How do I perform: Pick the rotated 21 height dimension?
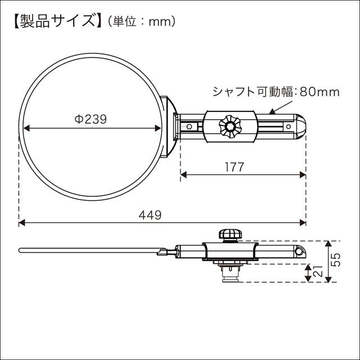click(x=318, y=273)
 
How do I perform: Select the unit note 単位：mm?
click(x=138, y=22)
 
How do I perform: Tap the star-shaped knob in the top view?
click(x=230, y=127)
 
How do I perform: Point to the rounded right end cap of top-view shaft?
click(x=300, y=127)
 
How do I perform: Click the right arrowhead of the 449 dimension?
click(x=303, y=223)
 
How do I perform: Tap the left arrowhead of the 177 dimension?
click(x=183, y=175)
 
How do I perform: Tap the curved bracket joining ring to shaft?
click(x=169, y=127)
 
